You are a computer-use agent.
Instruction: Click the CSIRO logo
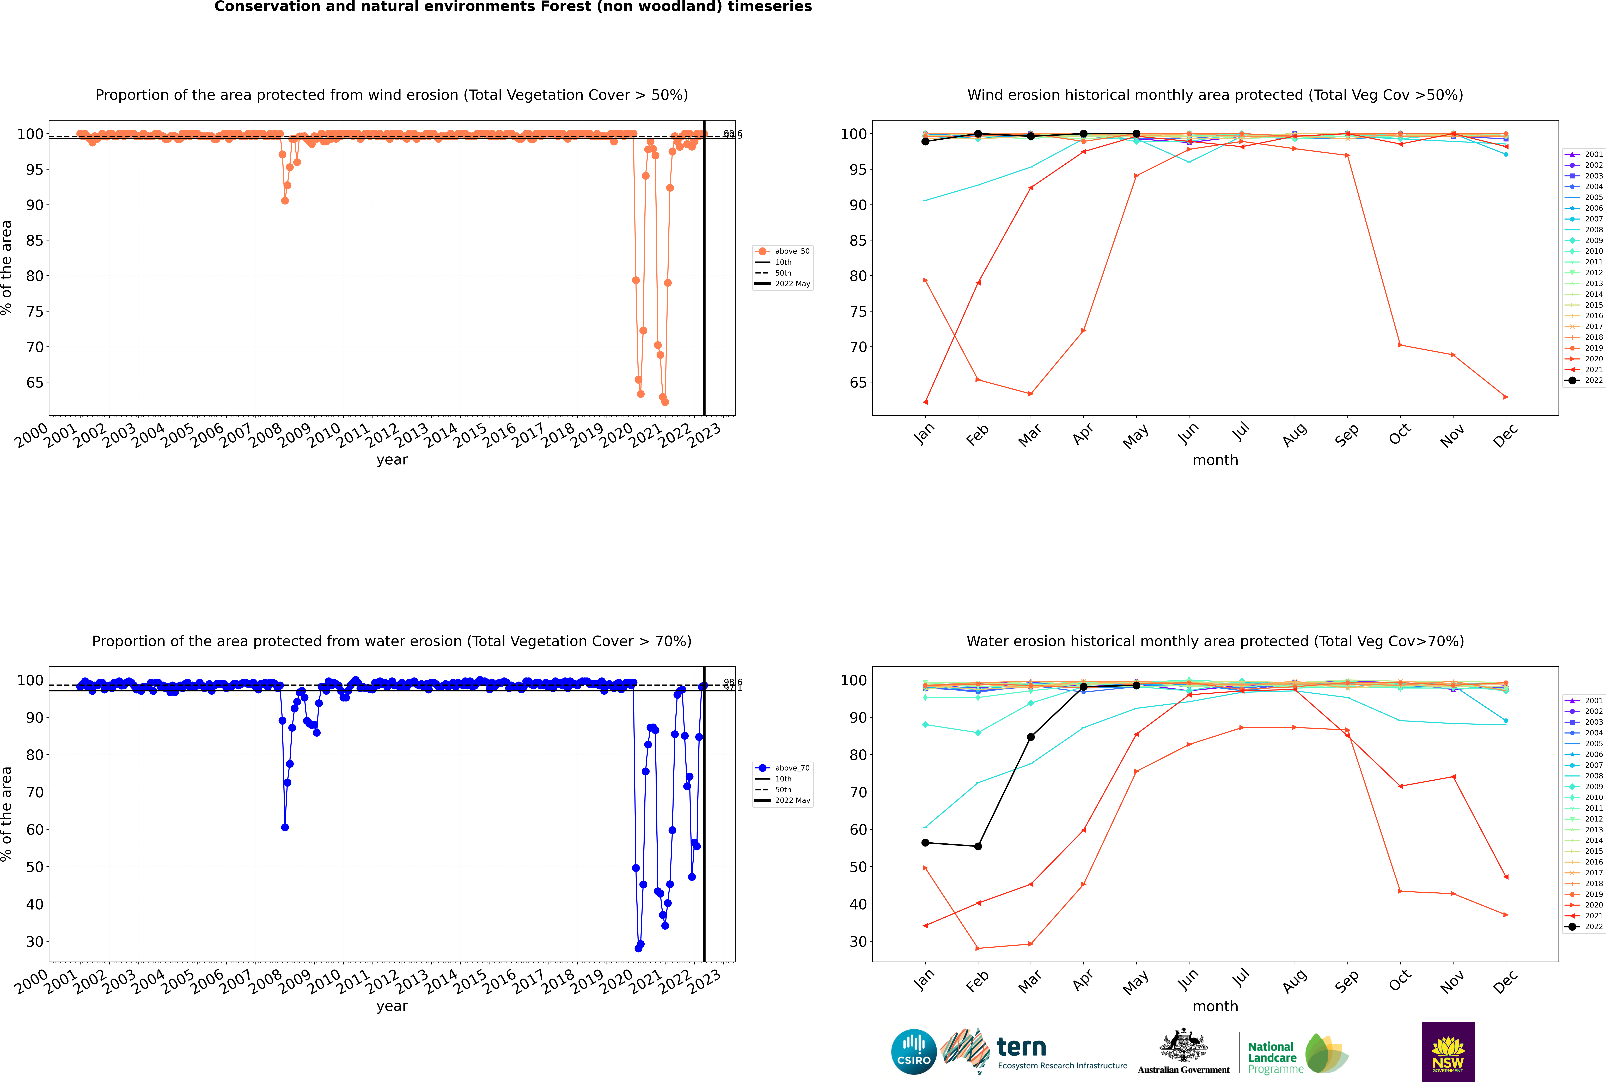pos(913,1052)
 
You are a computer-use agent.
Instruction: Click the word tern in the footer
pos(1021,1047)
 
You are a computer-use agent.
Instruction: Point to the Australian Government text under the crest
pos(1183,1069)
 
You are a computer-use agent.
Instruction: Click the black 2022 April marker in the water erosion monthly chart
pos(1083,687)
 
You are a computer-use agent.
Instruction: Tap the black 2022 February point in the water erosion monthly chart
pos(978,846)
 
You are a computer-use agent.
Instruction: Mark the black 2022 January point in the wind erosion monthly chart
pos(925,141)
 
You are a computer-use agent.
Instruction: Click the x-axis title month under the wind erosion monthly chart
pos(1215,460)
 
